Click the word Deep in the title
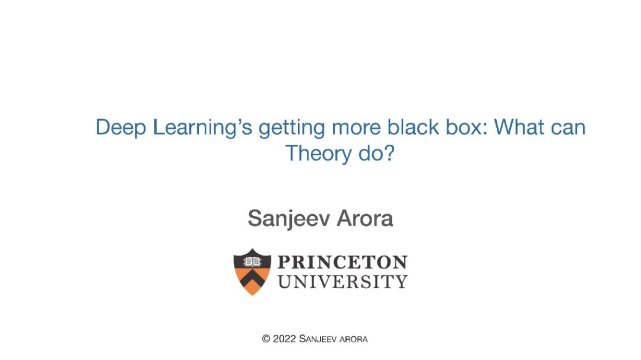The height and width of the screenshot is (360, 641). point(120,128)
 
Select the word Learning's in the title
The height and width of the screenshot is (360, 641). point(202,128)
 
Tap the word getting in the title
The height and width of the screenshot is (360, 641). point(291,128)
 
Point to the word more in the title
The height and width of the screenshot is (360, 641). point(356,128)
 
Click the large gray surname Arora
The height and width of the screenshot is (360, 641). point(365,218)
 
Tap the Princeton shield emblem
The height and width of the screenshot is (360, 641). point(252,271)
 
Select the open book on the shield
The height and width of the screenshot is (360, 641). point(252,262)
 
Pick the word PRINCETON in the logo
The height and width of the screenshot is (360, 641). point(342,262)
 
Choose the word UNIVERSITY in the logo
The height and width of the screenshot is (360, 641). point(342,282)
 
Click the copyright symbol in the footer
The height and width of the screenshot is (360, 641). point(266,339)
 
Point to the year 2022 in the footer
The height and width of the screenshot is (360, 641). point(284,339)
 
